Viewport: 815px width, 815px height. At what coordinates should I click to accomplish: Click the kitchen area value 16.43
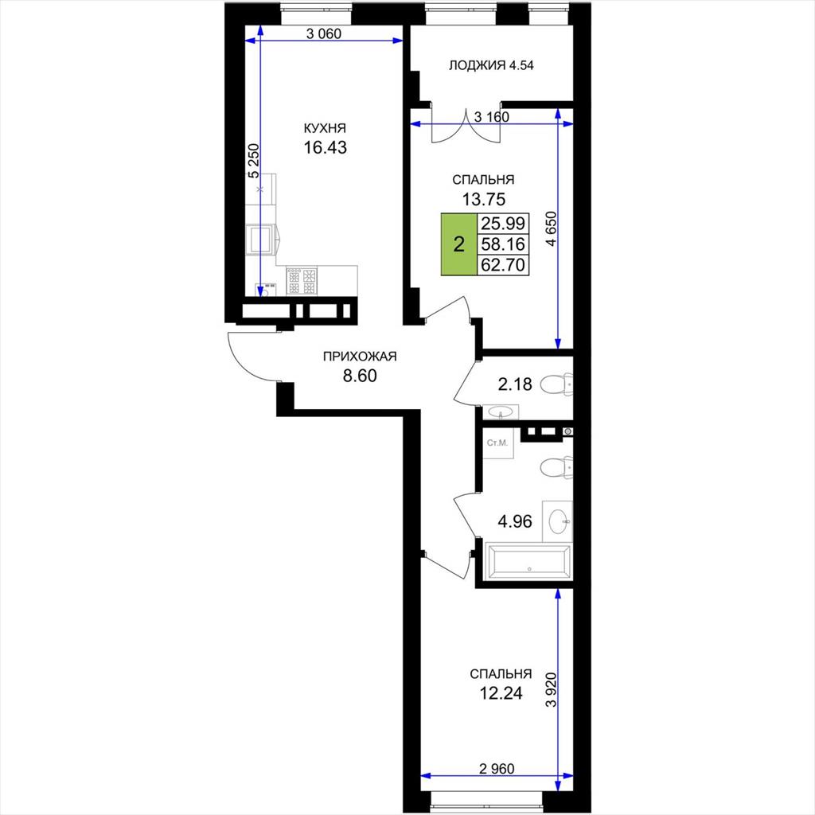click(325, 147)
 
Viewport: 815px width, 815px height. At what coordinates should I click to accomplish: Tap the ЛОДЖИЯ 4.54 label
click(491, 65)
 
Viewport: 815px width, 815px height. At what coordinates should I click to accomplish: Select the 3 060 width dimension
click(324, 34)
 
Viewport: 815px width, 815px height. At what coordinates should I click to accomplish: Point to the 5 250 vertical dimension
click(254, 161)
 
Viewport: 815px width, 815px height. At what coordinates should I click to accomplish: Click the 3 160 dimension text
click(491, 118)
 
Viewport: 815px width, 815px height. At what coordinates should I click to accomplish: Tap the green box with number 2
click(459, 244)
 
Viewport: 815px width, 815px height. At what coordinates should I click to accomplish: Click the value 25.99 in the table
click(503, 224)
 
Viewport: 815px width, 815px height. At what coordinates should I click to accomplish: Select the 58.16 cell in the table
click(503, 244)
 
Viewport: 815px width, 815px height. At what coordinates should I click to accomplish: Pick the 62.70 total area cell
click(503, 264)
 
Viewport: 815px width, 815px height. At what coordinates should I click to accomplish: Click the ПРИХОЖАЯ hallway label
click(360, 357)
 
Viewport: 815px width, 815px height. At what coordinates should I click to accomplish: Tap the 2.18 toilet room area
click(515, 384)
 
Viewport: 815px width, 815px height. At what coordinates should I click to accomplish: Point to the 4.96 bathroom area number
click(515, 521)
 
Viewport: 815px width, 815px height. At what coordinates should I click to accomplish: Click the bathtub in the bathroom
click(528, 562)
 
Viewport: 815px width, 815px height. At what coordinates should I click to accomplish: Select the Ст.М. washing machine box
click(498, 443)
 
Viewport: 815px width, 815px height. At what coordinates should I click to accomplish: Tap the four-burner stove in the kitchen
click(302, 281)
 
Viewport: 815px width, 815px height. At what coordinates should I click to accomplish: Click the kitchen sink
click(261, 240)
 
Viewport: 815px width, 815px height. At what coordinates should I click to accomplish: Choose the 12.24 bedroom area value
click(501, 693)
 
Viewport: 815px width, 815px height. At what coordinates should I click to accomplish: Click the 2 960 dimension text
click(497, 768)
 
